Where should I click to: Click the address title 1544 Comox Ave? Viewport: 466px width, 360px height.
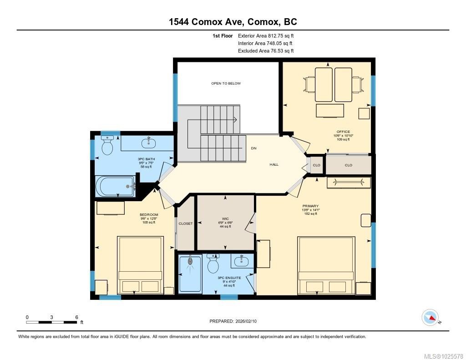pos(233,22)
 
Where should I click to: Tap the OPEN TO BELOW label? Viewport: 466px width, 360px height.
pos(226,83)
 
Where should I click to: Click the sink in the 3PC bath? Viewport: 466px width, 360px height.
pos(149,143)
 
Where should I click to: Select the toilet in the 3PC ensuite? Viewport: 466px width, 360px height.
pos(213,262)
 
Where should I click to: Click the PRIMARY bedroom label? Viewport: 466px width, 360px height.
pos(311,206)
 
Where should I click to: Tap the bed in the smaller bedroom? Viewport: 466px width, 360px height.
pos(140,265)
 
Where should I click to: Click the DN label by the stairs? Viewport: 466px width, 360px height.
pos(253,148)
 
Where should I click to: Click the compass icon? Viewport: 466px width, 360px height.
pos(430,317)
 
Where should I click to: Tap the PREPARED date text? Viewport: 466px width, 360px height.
pos(236,321)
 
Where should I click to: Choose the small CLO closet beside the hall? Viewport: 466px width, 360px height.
pos(316,165)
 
